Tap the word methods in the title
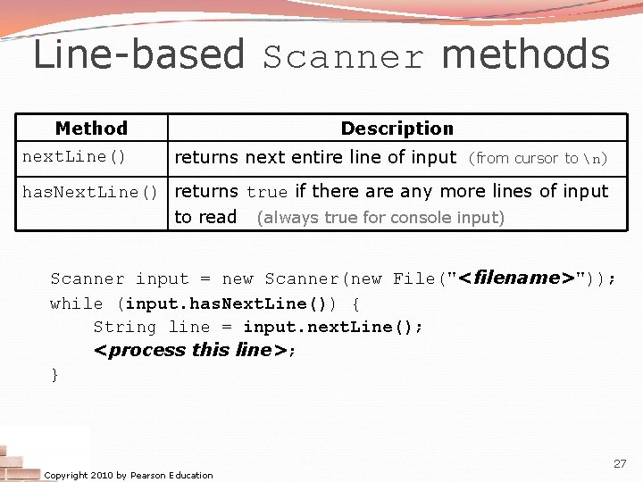point(526,54)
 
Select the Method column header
point(91,129)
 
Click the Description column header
point(397,129)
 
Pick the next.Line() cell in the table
point(74,157)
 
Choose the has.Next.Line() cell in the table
point(90,192)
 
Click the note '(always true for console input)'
point(380,217)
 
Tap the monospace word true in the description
point(267,192)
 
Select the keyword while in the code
point(76,303)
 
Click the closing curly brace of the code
point(54,375)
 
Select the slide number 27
point(620,464)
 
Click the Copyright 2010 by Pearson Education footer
point(129,475)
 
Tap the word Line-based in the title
point(138,54)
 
